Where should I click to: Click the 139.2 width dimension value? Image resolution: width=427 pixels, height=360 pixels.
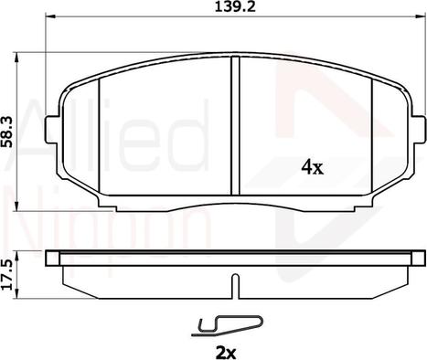pyautogui.click(x=235, y=6)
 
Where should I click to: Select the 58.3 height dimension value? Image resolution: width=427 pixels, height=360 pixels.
pyautogui.click(x=7, y=132)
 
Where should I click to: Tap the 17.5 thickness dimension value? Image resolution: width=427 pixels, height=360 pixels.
pyautogui.click(x=7, y=274)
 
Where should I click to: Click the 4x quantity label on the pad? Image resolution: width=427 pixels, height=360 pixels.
pyautogui.click(x=312, y=167)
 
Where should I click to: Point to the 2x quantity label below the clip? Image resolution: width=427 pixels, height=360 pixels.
pyautogui.click(x=226, y=354)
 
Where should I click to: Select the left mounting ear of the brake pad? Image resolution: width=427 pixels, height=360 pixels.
pyautogui.click(x=52, y=130)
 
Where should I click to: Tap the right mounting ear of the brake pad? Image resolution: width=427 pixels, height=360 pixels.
pyautogui.click(x=418, y=130)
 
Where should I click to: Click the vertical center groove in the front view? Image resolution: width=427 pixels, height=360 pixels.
pyautogui.click(x=235, y=125)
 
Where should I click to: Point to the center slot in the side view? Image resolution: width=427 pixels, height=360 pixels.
pyautogui.click(x=235, y=286)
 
